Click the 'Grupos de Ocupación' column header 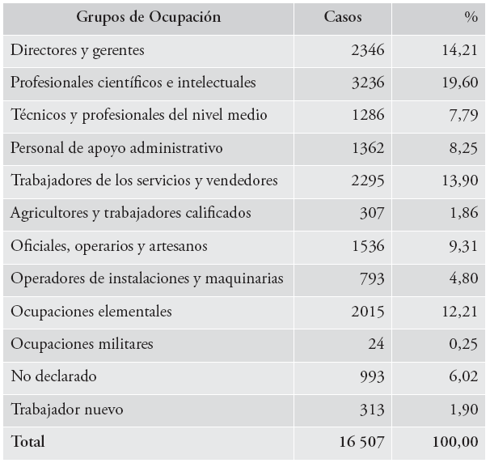[150, 17]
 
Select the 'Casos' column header [343, 17]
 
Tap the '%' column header [471, 17]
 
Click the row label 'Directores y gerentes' [78, 50]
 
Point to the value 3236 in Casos [368, 83]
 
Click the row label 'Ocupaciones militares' [82, 343]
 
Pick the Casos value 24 [376, 343]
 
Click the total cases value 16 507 [359, 442]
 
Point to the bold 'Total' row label [28, 442]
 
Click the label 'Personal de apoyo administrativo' [116, 148]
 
